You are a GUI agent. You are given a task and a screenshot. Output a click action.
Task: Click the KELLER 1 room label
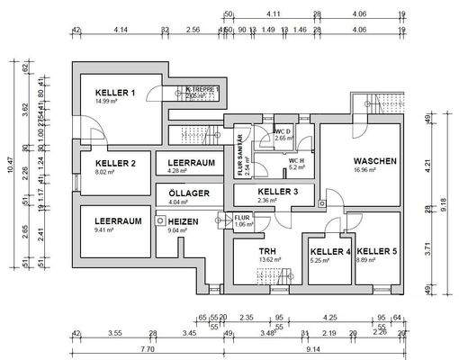(115, 93)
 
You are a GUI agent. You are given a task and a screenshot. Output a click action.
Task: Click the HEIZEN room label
(183, 220)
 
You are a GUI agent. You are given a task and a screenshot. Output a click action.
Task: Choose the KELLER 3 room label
(278, 193)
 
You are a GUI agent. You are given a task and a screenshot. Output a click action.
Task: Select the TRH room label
(267, 251)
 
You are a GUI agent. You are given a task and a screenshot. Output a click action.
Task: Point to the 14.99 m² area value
(107, 103)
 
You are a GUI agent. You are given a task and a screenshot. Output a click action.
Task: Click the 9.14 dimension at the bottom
(314, 349)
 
